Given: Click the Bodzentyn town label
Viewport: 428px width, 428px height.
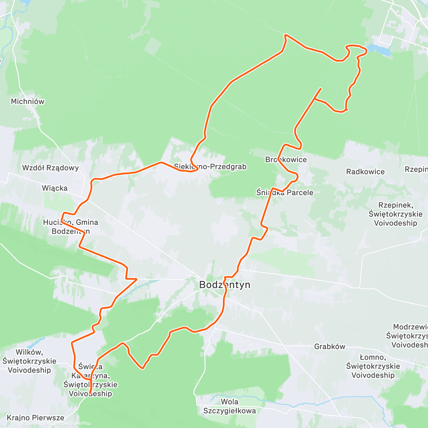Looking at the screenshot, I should (x=225, y=285).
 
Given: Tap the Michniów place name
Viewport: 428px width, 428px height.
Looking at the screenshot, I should (x=28, y=102).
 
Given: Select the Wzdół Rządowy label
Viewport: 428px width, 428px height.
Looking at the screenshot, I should (x=50, y=168).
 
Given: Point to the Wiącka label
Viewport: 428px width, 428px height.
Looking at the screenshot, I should (x=55, y=188).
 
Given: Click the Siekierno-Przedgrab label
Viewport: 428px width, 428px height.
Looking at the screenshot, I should (x=210, y=167).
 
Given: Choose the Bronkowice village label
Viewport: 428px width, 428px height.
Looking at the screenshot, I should (x=286, y=160).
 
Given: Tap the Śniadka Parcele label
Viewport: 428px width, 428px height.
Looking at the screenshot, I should (x=285, y=193).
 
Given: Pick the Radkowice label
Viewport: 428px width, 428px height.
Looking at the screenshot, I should (x=365, y=172).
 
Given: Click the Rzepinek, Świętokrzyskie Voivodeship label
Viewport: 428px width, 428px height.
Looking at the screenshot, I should (x=396, y=214).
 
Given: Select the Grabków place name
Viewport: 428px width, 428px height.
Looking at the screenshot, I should (x=330, y=346).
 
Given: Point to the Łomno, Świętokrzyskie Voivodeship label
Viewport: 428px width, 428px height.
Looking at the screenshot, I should (x=373, y=366).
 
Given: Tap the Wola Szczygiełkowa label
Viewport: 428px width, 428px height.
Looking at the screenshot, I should (x=229, y=406).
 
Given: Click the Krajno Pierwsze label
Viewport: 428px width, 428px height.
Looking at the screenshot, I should (x=35, y=418).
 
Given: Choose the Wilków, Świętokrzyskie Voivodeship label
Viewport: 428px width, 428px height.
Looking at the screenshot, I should (x=29, y=361).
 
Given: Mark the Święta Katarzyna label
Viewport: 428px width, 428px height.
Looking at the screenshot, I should (x=91, y=380).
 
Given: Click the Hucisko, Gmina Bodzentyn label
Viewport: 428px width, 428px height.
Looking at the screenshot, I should (x=71, y=227).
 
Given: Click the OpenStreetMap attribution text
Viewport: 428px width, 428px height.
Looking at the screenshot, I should (x=75, y=423).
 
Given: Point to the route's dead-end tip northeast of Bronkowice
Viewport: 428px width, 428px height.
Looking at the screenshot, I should (x=321, y=88).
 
